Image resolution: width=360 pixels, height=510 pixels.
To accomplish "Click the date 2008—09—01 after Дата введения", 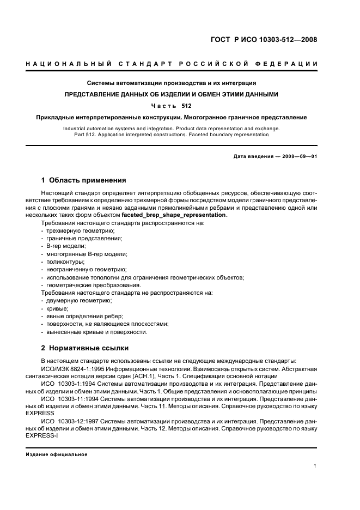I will [x=300, y=156].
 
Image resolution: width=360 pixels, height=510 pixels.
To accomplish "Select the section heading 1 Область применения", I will [x=84, y=180].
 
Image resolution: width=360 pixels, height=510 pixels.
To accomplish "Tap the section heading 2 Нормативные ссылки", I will [x=85, y=348].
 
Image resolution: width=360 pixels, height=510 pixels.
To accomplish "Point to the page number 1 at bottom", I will [x=315, y=466].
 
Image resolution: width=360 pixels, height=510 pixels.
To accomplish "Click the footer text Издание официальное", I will [x=57, y=454].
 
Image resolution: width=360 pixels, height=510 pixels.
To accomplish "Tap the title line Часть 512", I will [x=172, y=105].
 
